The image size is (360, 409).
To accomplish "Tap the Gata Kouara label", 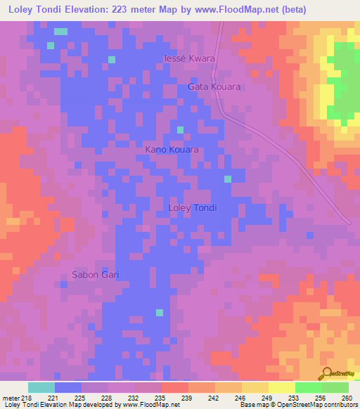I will [x=214, y=86].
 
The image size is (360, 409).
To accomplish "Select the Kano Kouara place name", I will [x=172, y=150].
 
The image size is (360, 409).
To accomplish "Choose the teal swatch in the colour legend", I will [x=41, y=387].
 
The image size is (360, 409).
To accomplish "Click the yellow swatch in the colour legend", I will [x=281, y=387].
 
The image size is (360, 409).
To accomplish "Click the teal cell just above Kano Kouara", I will [x=181, y=129].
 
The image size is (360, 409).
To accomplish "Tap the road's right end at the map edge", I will [x=349, y=223].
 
